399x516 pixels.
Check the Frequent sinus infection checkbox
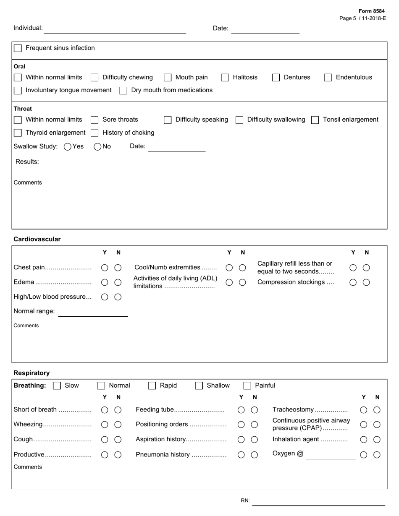pyautogui.click(x=18, y=48)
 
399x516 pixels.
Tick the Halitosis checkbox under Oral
pyautogui.click(x=225, y=78)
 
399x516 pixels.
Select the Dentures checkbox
pyautogui.click(x=276, y=78)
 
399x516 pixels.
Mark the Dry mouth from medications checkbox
pyautogui.click(x=123, y=91)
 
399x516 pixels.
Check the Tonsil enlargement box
pyautogui.click(x=315, y=120)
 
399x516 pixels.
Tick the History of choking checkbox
pyautogui.click(x=94, y=133)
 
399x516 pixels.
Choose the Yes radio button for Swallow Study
pyautogui.click(x=68, y=147)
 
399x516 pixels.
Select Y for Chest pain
pyautogui.click(x=105, y=268)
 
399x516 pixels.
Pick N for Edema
pyautogui.click(x=118, y=282)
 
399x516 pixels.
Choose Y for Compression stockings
pyautogui.click(x=353, y=282)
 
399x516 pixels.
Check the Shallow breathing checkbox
pyautogui.click(x=199, y=386)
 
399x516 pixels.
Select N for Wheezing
pyautogui.click(x=118, y=425)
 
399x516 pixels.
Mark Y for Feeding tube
pyautogui.click(x=241, y=410)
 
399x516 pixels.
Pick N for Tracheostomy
pyautogui.click(x=377, y=410)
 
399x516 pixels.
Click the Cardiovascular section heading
pyautogui.click(x=37, y=239)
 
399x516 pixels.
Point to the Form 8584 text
pyautogui.click(x=371, y=11)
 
